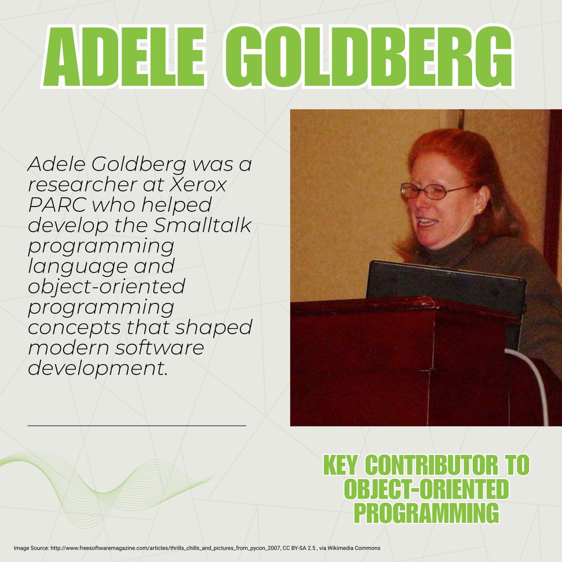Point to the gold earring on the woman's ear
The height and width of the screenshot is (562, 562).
480,210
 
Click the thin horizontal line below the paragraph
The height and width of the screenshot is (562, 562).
137,425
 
